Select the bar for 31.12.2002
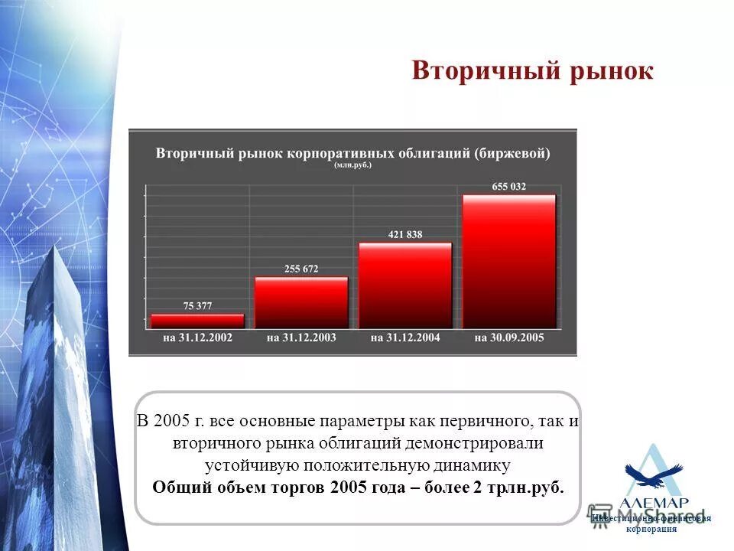point(197,321)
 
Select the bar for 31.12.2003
point(301,303)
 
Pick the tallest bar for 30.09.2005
point(509,262)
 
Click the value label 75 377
point(197,305)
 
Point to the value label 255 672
point(301,269)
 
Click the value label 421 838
point(405,234)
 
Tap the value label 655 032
point(509,186)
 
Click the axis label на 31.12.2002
point(197,337)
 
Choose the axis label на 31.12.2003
point(301,337)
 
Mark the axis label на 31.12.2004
point(405,337)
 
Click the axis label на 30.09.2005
point(509,337)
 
